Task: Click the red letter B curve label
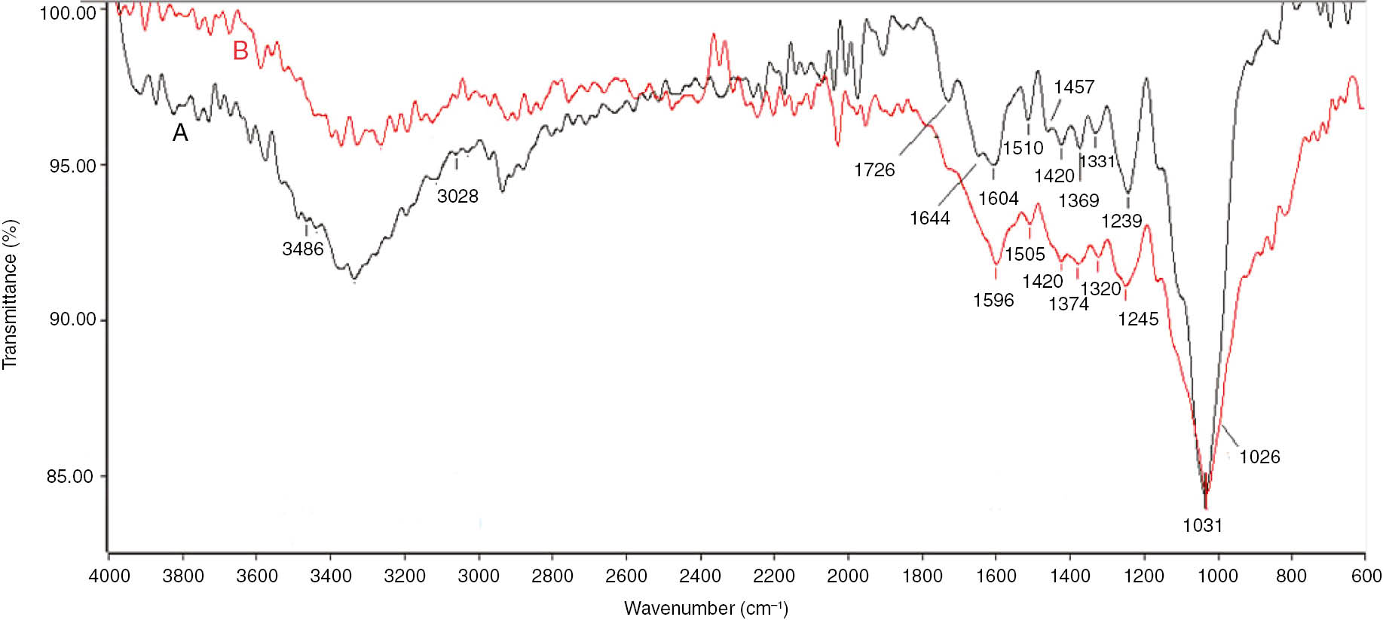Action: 240,50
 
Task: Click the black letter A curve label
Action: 180,133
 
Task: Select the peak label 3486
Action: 303,249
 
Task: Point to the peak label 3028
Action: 457,196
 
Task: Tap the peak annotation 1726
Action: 874,170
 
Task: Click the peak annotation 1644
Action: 929,218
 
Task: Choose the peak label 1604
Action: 998,198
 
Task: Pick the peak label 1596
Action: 993,300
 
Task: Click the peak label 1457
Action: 1074,87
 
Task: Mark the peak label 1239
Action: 1121,221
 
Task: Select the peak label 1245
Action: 1138,319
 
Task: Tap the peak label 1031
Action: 1202,525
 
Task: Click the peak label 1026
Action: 1259,457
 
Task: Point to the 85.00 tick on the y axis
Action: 70,476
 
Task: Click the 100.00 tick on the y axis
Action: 68,12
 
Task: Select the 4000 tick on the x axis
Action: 109,576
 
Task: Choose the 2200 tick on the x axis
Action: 774,576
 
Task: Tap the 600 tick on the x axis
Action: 1366,576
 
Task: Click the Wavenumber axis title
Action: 705,608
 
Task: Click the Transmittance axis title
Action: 10,294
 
